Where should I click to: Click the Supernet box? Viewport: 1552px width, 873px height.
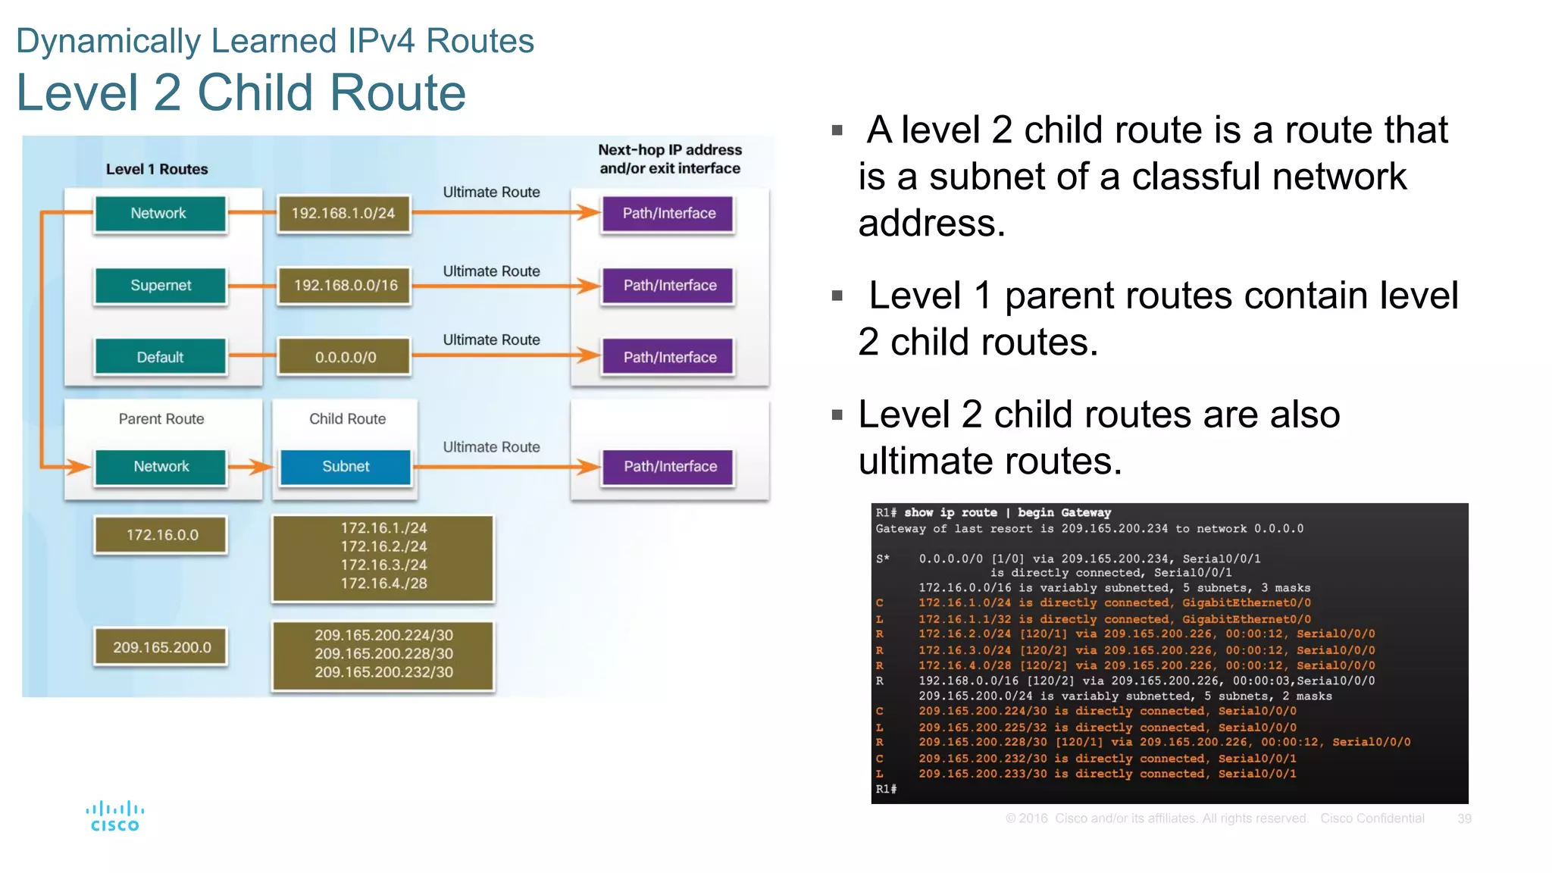160,286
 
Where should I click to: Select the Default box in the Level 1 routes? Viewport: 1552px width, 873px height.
160,357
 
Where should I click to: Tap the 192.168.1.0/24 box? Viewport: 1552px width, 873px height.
343,214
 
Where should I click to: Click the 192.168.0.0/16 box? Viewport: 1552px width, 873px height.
345,286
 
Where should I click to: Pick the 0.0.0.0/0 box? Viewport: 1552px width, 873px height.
345,357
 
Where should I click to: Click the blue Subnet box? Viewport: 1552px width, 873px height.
346,467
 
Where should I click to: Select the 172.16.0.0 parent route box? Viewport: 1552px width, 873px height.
161,535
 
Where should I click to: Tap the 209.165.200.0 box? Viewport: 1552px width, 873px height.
161,647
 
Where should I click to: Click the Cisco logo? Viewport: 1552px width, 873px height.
114,816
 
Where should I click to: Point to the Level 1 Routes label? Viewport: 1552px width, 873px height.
156,169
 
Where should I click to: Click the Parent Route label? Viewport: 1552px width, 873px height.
161,419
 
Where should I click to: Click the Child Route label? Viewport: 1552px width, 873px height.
347,419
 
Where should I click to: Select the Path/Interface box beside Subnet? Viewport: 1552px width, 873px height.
669,467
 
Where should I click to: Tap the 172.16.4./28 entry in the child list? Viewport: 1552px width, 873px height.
383,584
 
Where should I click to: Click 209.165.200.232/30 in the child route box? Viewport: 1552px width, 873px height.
383,672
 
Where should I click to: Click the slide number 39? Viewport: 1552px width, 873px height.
1464,818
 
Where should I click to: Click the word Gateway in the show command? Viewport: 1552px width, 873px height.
1086,513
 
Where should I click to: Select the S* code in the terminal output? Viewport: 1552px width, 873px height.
882,559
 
